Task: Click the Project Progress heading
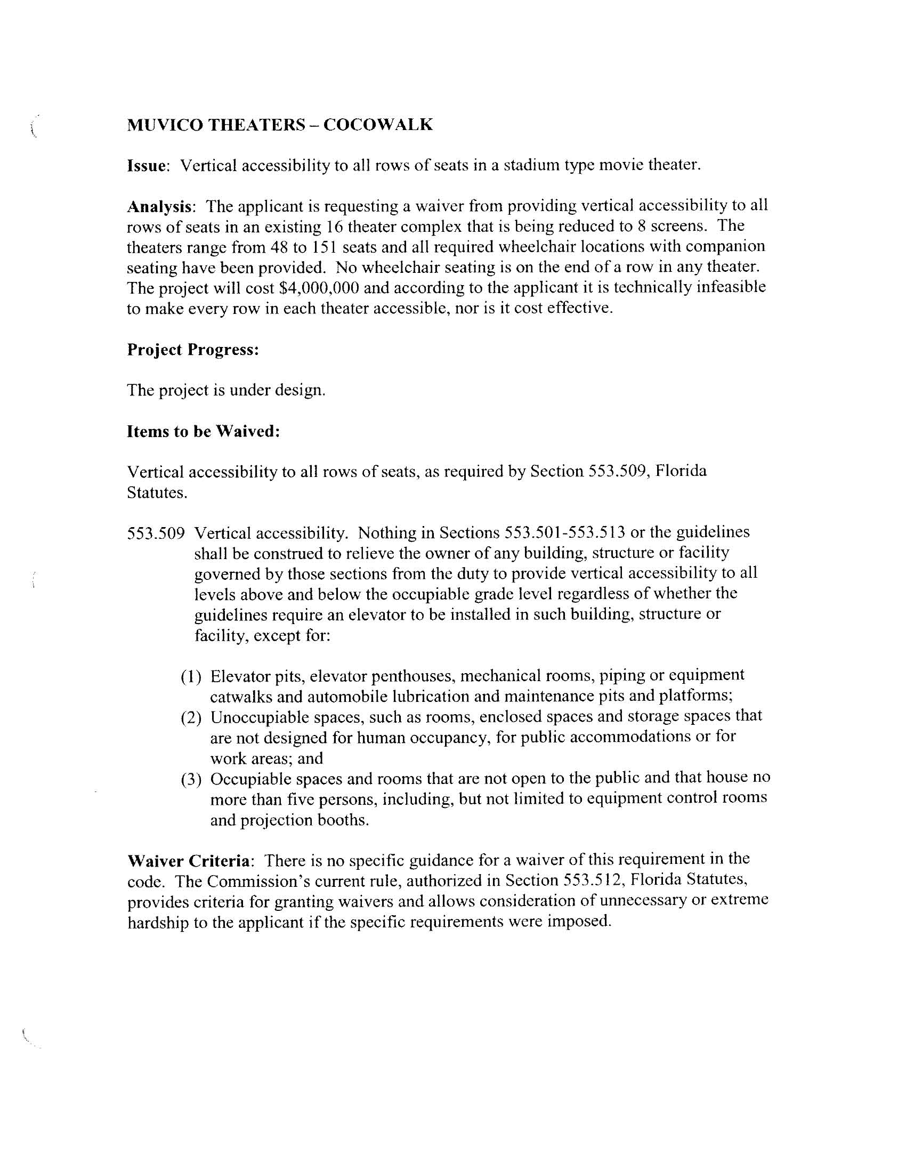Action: coord(193,350)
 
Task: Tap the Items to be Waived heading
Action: coord(204,432)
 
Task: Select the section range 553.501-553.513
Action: coord(564,532)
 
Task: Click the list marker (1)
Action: coord(191,676)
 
